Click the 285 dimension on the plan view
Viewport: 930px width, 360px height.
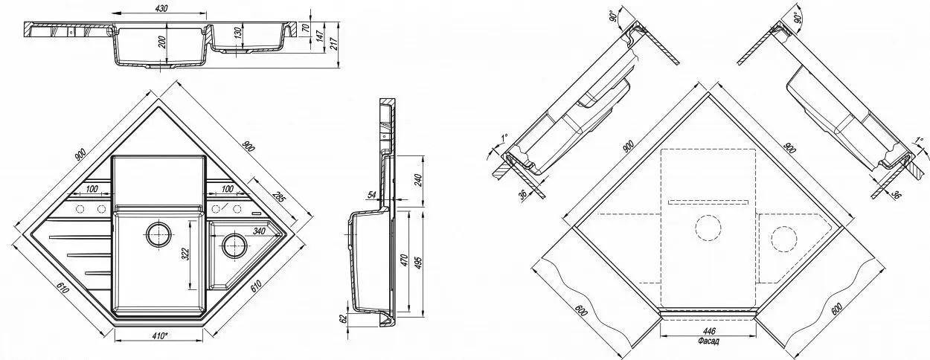278,198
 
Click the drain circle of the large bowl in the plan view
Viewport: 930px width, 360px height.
158,234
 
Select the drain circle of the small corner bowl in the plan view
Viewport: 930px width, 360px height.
233,243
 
